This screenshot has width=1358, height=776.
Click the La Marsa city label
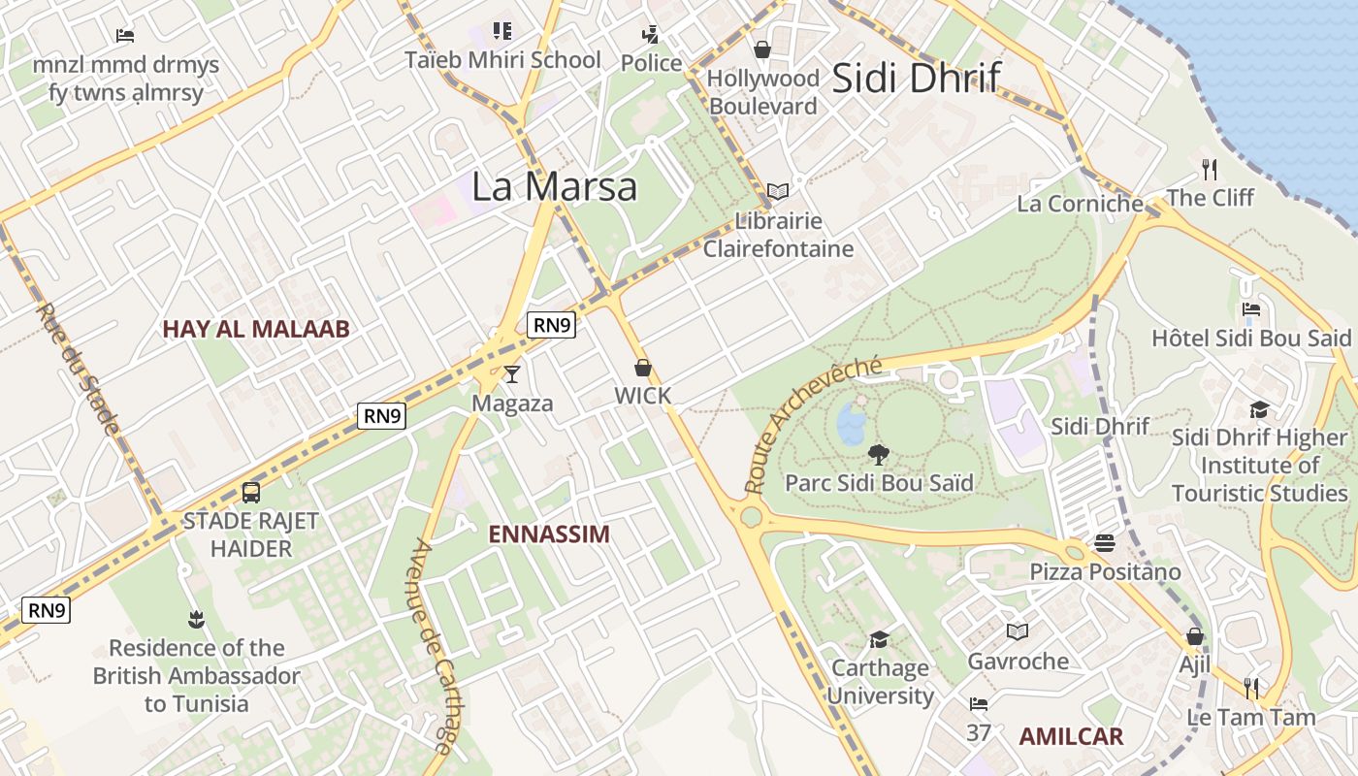pos(554,186)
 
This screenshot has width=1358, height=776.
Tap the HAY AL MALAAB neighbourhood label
pos(256,329)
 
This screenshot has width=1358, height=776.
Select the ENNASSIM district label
pos(549,534)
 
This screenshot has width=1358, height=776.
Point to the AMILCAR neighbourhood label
pos(1071,736)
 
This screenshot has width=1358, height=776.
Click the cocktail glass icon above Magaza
pos(512,373)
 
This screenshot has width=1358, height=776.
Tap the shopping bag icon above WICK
pos(642,368)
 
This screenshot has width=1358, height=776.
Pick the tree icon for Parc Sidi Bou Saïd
pos(879,453)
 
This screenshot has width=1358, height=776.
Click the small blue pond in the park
pos(852,424)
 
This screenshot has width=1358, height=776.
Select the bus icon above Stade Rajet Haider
pos(251,492)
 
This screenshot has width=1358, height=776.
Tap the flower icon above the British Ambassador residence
pos(197,619)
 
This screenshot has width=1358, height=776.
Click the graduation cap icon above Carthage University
pos(880,638)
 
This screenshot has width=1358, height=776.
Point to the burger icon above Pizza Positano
pos(1105,542)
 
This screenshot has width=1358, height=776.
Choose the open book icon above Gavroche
pos(1018,632)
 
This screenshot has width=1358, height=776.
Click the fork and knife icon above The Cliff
pos(1210,170)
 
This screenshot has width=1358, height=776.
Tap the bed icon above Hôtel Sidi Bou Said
pos(1251,309)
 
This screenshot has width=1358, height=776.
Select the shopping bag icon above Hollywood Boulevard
pos(762,48)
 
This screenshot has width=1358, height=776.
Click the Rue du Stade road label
pos(77,369)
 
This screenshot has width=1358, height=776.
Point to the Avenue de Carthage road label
pos(434,646)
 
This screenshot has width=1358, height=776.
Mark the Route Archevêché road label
pos(813,423)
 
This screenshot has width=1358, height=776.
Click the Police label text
pos(652,63)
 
